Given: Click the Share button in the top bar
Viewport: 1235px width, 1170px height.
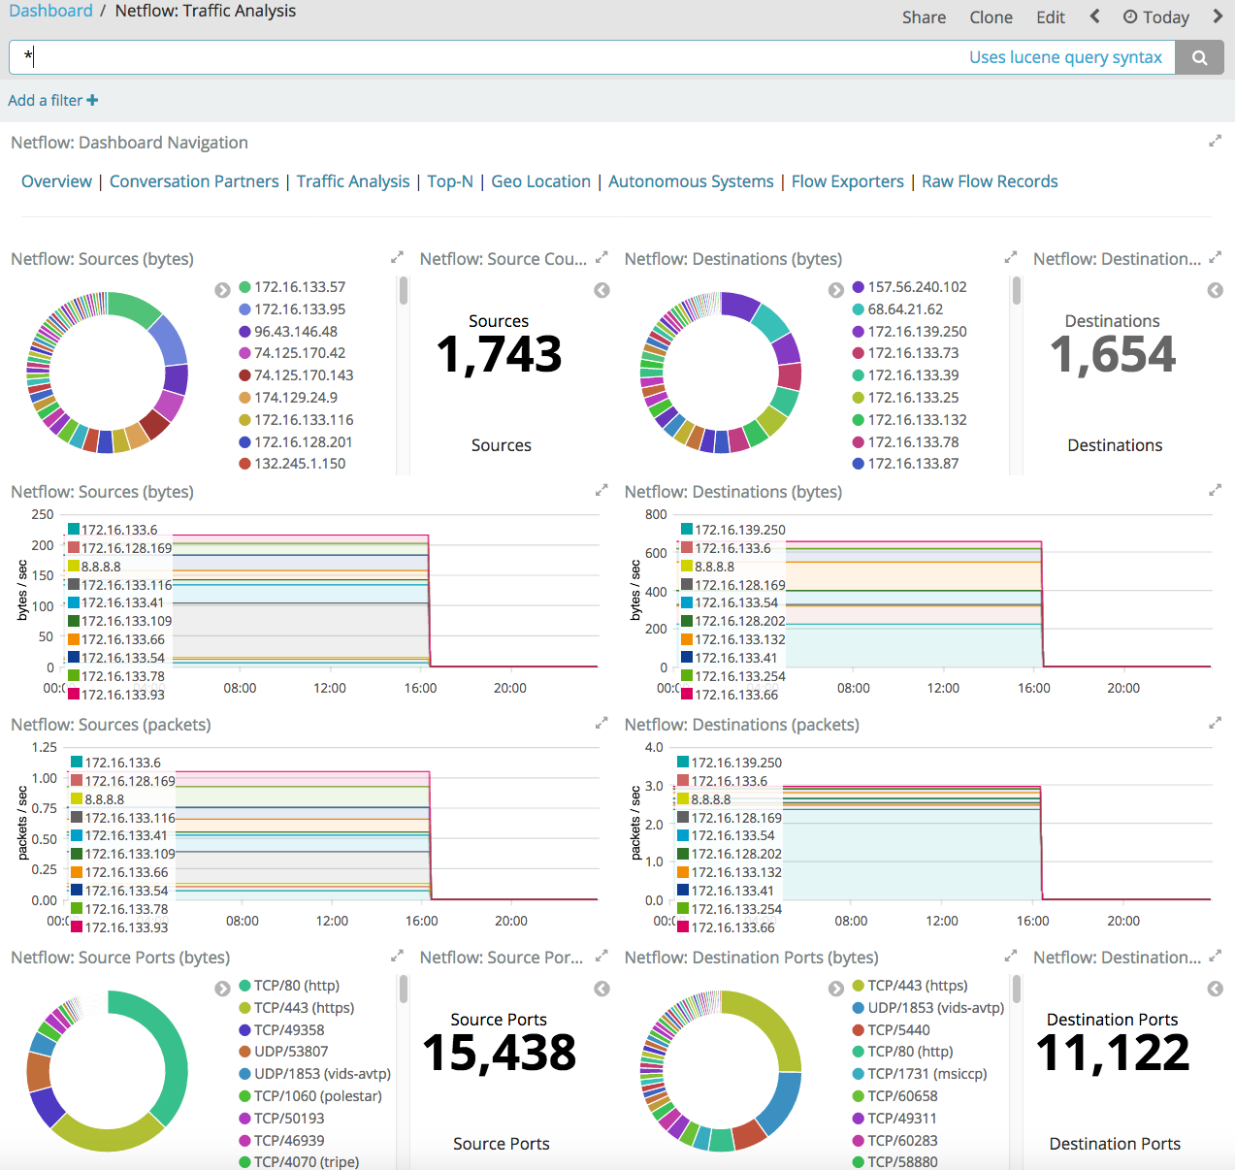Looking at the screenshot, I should (x=924, y=17).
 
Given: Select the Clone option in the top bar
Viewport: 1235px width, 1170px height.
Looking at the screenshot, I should (x=991, y=17).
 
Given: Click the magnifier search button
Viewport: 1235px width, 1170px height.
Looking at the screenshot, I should (x=1200, y=57).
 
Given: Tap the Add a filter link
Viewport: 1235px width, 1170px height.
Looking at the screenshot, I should (x=52, y=100).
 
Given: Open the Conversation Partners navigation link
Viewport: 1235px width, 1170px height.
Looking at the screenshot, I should (x=194, y=181).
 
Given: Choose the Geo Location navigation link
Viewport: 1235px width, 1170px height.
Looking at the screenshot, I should (x=540, y=181).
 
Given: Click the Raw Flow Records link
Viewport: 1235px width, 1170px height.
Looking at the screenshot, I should (x=990, y=181).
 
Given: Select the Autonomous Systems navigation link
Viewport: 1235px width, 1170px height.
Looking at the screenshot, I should (x=691, y=181).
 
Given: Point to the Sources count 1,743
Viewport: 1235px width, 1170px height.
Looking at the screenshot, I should (x=499, y=354).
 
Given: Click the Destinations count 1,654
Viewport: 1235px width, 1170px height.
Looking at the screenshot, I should (x=1113, y=354).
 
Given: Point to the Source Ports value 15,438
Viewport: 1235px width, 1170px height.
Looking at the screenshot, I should (x=499, y=1053).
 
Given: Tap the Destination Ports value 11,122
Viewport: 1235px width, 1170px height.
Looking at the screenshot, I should (x=1113, y=1053).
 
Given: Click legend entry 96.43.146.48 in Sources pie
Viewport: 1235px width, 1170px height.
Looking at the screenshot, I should (x=295, y=332).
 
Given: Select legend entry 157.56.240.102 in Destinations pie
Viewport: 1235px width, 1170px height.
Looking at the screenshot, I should (x=917, y=287).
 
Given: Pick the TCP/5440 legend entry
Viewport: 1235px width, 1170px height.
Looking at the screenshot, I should (x=898, y=1030).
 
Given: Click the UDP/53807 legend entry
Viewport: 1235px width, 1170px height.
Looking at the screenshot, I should (x=291, y=1052).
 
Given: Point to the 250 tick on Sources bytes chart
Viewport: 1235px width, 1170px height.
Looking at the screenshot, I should (x=43, y=515).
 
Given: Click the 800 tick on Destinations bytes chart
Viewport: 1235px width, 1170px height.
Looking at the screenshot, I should (x=656, y=515).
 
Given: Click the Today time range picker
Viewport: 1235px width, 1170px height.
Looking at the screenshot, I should (x=1156, y=17).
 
